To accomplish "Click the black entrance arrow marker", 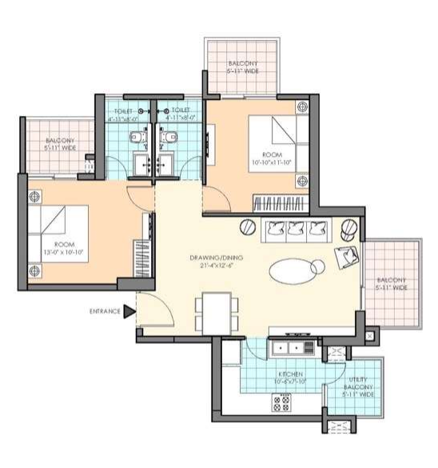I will tap(128, 311).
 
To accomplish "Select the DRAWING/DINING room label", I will tap(217, 262).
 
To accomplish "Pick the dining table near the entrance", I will tap(217, 312).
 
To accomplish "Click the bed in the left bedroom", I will tap(56, 220).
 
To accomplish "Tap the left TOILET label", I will tap(124, 114).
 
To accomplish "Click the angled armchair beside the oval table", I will tap(348, 257).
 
